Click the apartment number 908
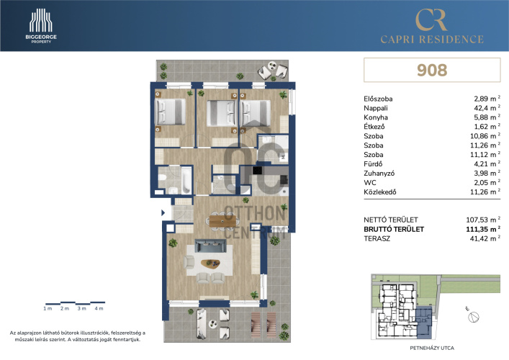pos(432,70)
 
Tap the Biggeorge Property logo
pos(41,26)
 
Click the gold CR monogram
pos(431,20)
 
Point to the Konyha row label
pos(376,117)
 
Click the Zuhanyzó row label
pos(379,174)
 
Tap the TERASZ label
pos(377,238)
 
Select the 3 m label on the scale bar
pos(82,308)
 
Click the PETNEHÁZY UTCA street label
pos(432,348)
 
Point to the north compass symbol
pos(473,316)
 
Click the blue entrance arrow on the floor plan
pos(163,213)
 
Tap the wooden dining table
pos(222,221)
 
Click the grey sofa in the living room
pos(210,246)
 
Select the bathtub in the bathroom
pos(186,181)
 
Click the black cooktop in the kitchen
pos(258,170)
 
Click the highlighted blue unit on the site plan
pos(423,320)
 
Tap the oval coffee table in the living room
pos(211,264)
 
